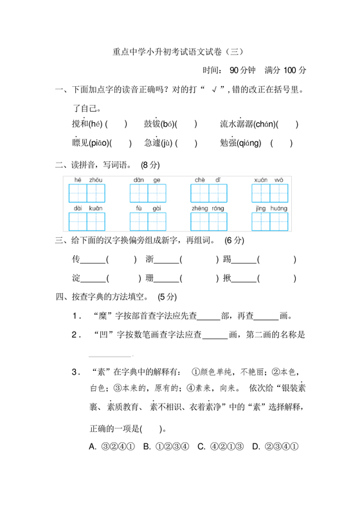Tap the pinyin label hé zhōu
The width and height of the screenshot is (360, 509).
pos(87,179)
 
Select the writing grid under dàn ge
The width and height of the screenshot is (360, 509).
pos(148,193)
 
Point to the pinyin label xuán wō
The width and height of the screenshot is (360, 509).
pos(268,179)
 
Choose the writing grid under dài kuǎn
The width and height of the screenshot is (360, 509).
pos(87,221)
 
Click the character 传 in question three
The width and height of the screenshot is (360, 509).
pos(77,260)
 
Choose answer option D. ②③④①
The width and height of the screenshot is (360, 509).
pos(274,447)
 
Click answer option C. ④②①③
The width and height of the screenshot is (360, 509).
pos(221,447)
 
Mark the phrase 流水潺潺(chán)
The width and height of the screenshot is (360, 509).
pos(248,124)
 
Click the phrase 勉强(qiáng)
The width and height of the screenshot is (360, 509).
pos(240,143)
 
